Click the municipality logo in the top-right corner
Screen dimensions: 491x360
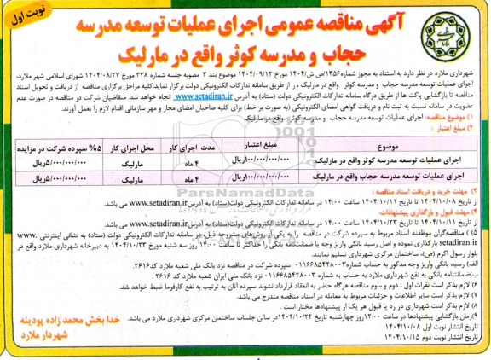coord(454,35)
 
